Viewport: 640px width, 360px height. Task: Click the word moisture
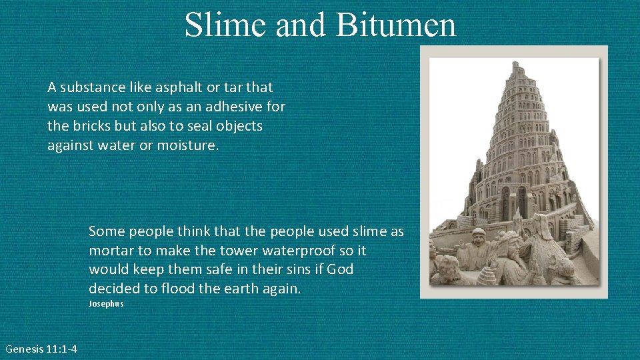[x=187, y=145]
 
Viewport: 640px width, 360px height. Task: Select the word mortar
[x=109, y=251]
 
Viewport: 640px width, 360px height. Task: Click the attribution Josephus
[x=106, y=304]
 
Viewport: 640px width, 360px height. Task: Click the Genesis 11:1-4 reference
[x=41, y=349]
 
